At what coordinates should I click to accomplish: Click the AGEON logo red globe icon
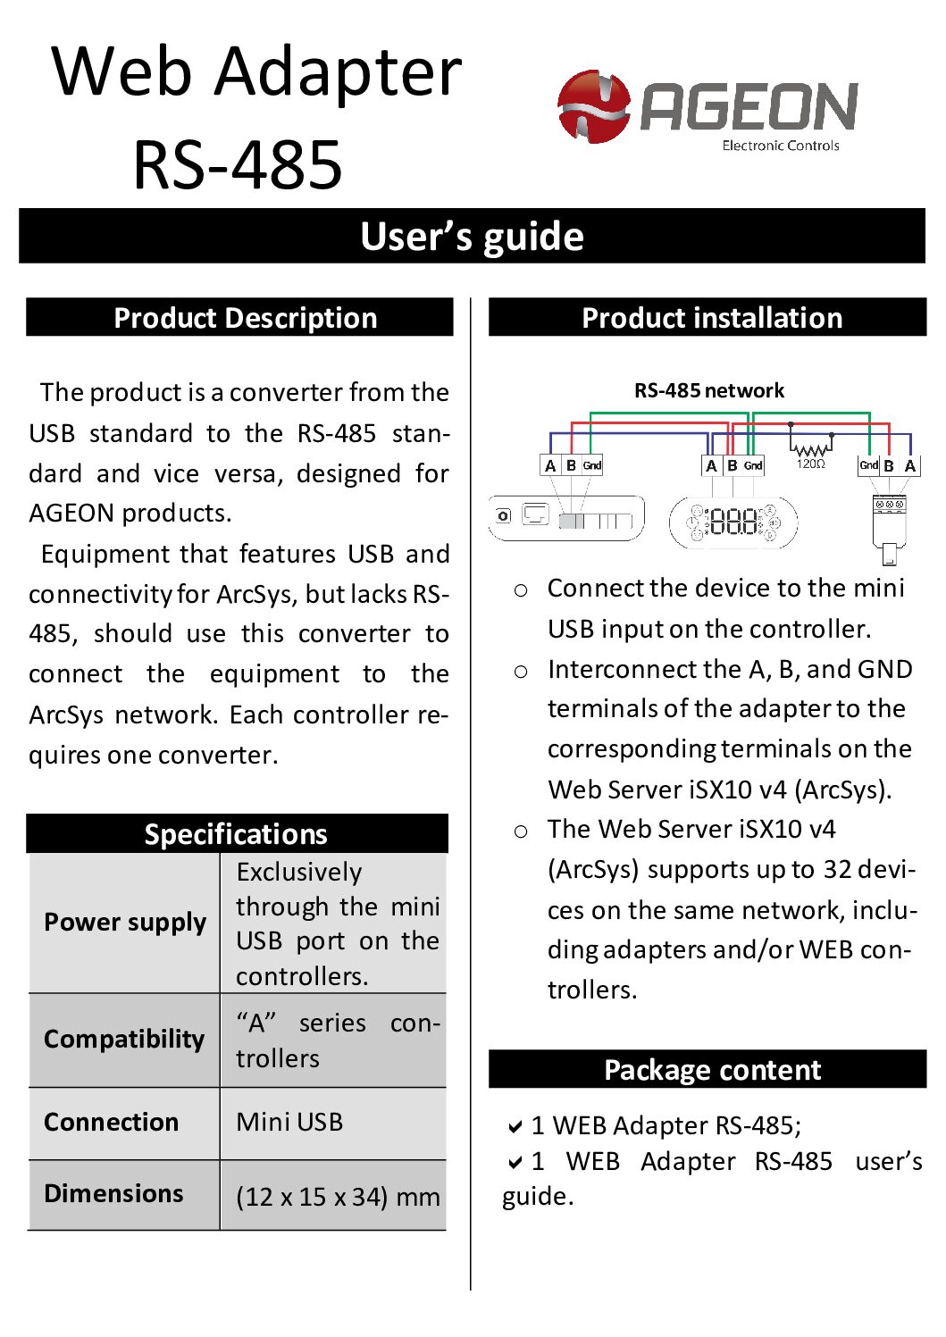pos(593,106)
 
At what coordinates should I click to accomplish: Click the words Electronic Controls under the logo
pos(780,146)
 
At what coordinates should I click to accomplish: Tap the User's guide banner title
pos(472,237)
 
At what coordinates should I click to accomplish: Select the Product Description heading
pos(245,318)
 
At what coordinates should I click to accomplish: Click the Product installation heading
pos(712,318)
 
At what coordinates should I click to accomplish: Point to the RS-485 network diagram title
pos(709,390)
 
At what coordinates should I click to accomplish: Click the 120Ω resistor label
pos(810,464)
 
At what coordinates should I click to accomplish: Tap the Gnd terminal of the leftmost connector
pos(592,465)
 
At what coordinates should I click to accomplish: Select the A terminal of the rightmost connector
pos(909,465)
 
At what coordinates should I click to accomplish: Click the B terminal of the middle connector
pos(733,465)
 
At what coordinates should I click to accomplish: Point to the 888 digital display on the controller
pos(733,522)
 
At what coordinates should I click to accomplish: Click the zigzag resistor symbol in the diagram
pos(810,450)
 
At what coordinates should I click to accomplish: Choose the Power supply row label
pos(125,922)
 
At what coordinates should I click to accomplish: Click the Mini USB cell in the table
pos(289,1122)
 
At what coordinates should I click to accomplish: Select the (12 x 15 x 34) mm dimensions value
pos(338,1196)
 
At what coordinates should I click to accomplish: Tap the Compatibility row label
pos(124,1039)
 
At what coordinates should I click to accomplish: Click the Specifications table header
pos(236,833)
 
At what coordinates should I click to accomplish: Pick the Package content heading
pos(712,1070)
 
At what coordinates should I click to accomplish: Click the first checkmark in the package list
pos(515,1127)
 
